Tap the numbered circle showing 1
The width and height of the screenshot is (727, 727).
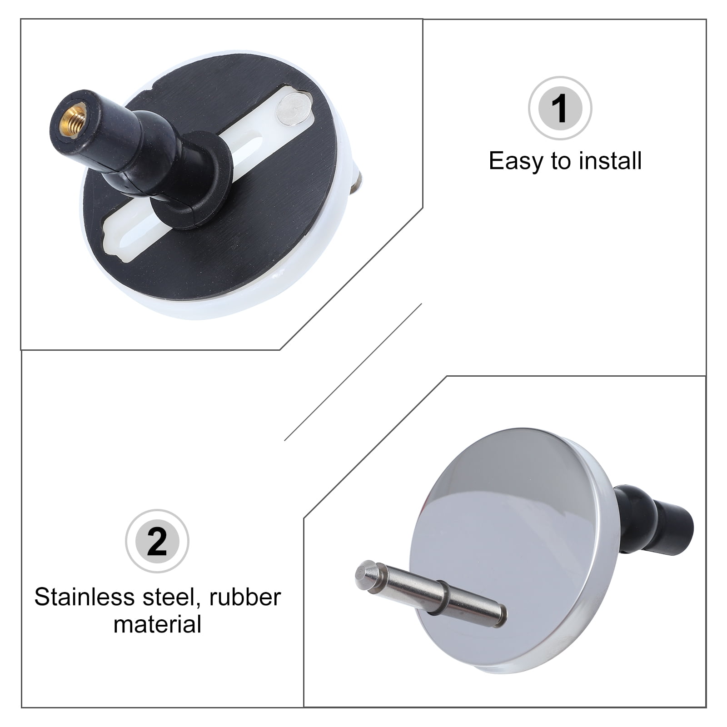[560, 108]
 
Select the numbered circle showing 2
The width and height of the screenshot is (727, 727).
[157, 541]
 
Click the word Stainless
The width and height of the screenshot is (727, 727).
[84, 597]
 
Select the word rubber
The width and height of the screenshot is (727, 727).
[245, 597]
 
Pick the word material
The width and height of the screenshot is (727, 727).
[157, 624]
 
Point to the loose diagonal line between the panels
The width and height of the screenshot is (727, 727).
[353, 372]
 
